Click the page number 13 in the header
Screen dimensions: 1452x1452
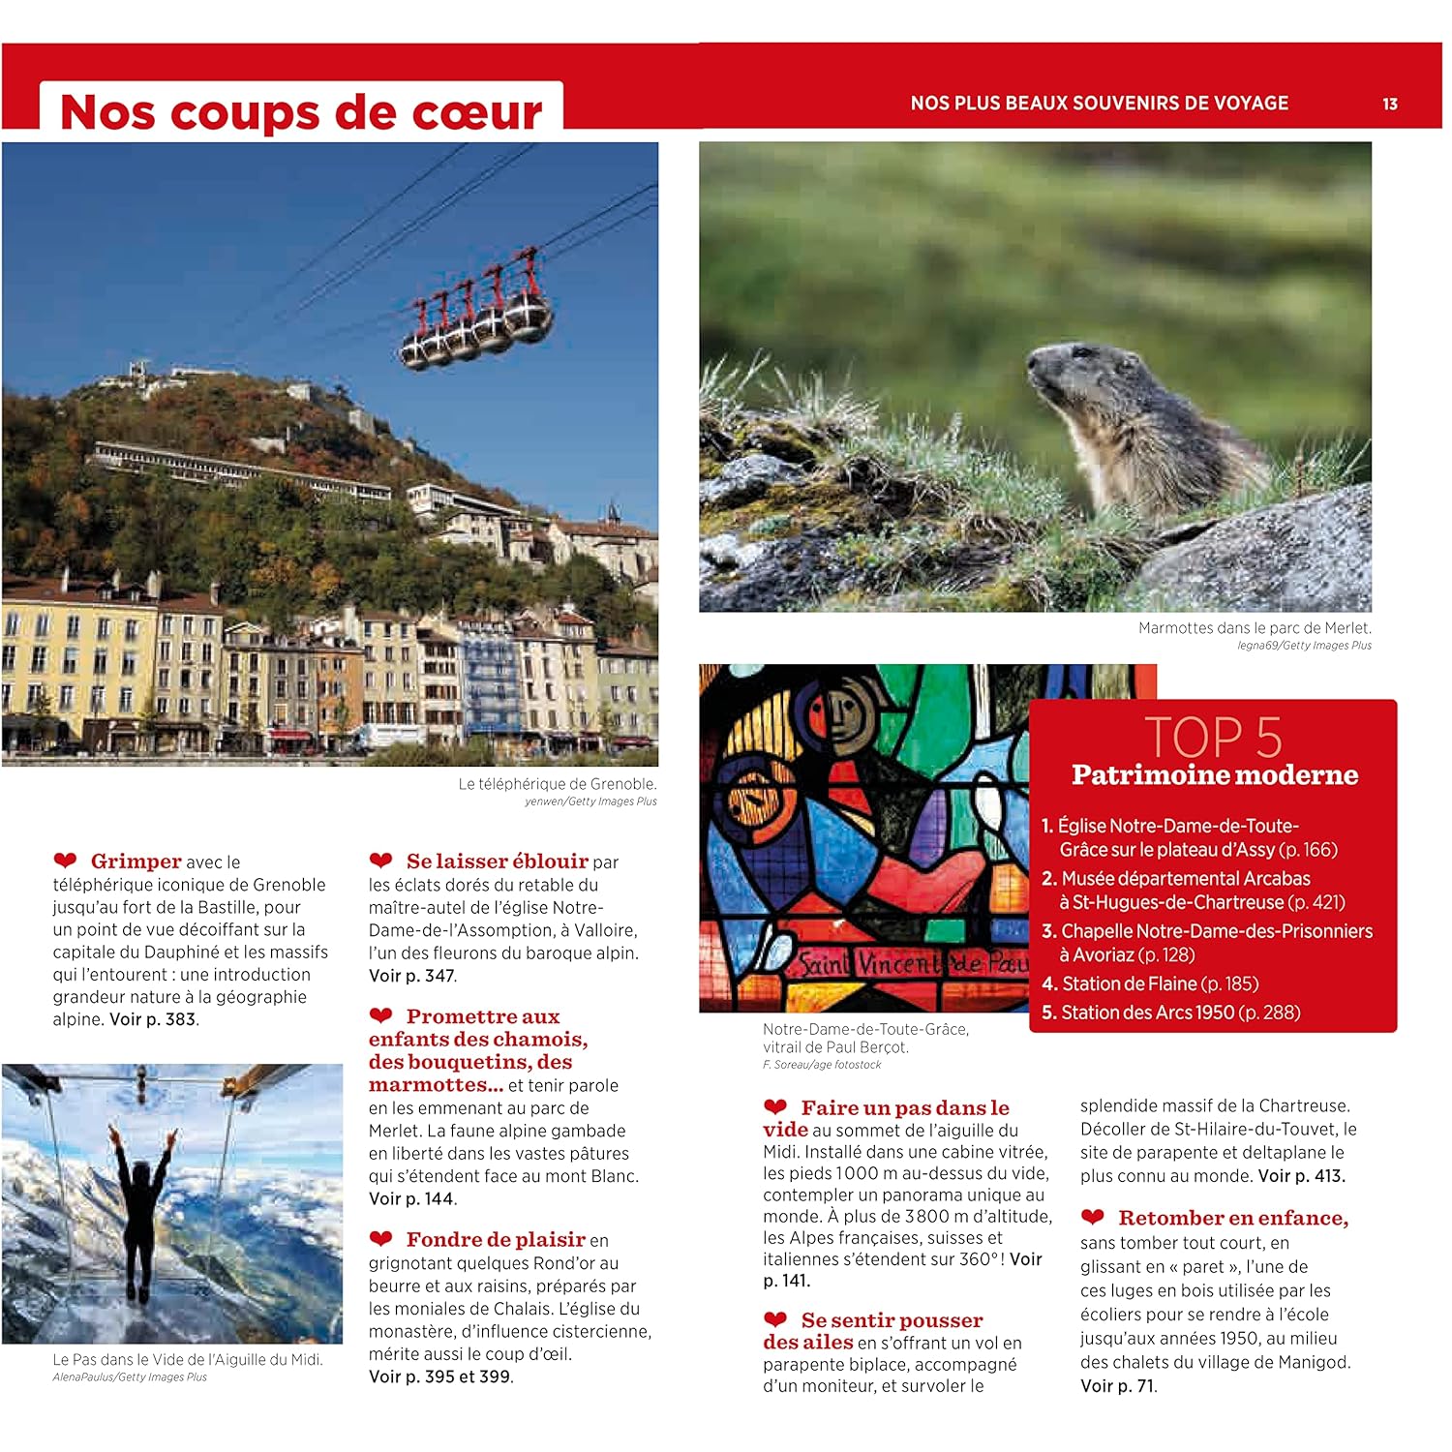1389,105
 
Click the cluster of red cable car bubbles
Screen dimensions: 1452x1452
476,319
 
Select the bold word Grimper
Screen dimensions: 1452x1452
136,862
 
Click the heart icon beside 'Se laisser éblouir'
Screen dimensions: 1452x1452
380,861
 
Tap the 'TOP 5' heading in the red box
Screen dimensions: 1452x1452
1213,738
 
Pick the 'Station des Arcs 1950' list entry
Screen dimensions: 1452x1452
1169,1013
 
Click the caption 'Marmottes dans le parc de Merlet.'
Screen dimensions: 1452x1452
1255,628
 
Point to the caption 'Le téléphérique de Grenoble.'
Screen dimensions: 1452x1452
558,784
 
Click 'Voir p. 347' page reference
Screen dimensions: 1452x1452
411,976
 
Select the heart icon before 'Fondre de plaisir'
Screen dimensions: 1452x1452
380,1239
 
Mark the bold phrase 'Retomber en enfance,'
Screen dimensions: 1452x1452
1232,1219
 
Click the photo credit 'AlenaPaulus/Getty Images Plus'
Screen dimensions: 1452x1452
130,1377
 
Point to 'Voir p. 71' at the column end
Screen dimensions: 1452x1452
1118,1386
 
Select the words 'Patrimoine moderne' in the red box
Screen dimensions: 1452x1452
1214,775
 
